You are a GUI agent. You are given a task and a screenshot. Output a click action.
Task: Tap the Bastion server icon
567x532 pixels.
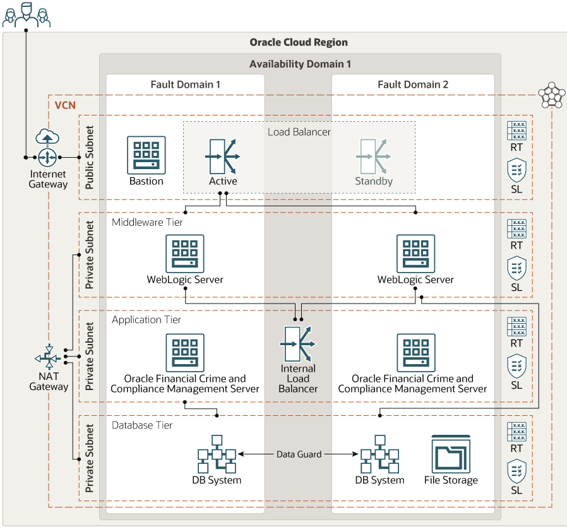coord(146,155)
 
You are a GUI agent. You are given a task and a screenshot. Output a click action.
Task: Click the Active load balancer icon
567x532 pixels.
coord(223,155)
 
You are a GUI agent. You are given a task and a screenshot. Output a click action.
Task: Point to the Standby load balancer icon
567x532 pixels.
coord(374,155)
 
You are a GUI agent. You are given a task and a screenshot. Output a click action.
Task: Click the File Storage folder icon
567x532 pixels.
coord(451,454)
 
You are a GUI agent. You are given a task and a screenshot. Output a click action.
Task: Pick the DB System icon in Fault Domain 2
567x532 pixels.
coord(379,454)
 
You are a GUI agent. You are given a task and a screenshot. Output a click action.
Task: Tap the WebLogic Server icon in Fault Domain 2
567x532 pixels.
coord(415,254)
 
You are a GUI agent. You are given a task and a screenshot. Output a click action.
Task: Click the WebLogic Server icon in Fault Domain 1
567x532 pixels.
coord(185,254)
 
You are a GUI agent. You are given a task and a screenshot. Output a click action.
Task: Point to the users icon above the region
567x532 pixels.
coord(26,14)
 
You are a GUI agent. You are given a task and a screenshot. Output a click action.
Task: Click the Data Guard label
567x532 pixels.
coord(299,454)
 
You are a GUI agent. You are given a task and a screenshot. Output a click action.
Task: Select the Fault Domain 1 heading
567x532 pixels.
coord(186,85)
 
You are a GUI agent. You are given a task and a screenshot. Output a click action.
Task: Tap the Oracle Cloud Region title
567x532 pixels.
coord(299,43)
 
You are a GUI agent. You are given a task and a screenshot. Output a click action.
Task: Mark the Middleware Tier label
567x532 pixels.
coord(148,222)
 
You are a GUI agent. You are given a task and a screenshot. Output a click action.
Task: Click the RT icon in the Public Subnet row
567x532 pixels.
coord(516,131)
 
